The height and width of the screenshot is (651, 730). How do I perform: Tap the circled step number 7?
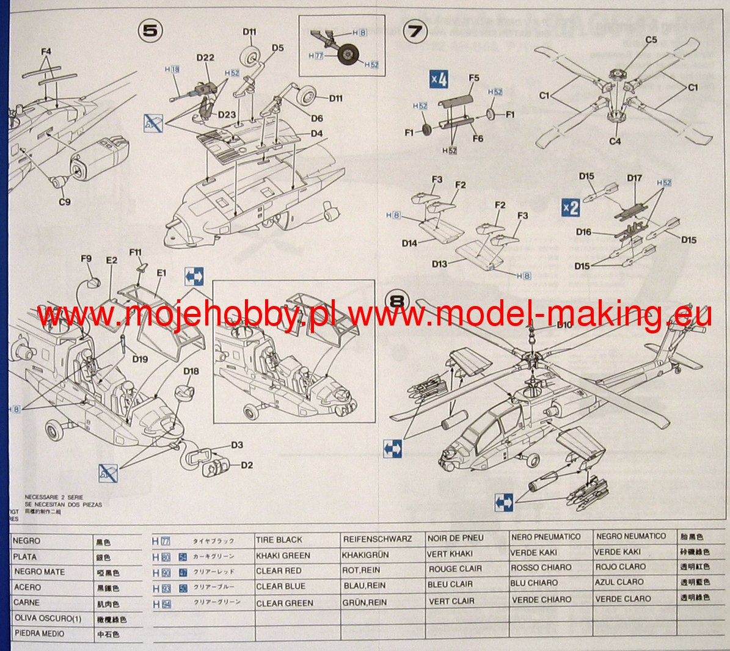click(416, 31)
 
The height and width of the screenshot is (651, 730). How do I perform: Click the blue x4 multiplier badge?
click(439, 79)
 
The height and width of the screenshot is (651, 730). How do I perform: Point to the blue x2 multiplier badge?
click(570, 208)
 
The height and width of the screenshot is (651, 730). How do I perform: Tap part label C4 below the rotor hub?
click(615, 141)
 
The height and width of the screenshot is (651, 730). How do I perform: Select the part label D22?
click(205, 58)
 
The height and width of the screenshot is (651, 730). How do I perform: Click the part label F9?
click(86, 259)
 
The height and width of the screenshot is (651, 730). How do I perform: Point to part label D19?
click(140, 359)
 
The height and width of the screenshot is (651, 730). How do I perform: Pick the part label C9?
click(64, 201)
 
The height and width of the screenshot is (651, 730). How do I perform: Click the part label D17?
click(635, 178)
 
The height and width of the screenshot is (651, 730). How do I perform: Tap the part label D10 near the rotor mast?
click(564, 324)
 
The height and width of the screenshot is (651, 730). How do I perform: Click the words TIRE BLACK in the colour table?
click(279, 540)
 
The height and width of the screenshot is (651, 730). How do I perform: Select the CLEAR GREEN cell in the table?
click(285, 603)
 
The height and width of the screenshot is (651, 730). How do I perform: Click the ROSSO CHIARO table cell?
click(541, 567)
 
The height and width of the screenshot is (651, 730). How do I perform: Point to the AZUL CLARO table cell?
click(619, 583)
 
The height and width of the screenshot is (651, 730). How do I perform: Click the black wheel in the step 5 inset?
click(348, 56)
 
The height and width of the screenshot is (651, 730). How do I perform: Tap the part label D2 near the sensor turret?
click(247, 465)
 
